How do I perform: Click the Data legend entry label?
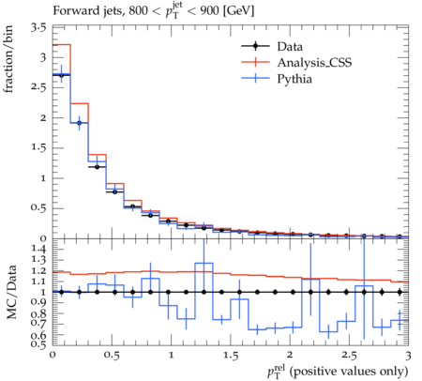(290, 47)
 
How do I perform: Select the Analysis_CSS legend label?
(314, 63)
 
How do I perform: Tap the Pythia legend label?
(294, 79)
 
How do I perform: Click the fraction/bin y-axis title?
(8, 59)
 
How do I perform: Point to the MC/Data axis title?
(11, 292)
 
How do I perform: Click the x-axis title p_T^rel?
(338, 371)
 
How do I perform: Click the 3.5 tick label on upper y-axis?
(38, 28)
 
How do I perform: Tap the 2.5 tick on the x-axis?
(349, 356)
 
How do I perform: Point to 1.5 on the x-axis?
(231, 356)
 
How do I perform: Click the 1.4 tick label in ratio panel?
(38, 249)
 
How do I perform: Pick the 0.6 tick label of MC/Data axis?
(38, 335)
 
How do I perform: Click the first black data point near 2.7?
(61, 75)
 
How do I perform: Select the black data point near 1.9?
(80, 123)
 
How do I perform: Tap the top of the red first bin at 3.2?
(62, 45)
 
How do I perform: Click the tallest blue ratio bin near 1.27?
(203, 263)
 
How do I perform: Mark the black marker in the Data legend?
(255, 46)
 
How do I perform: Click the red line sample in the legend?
(255, 62)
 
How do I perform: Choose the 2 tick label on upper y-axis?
(42, 118)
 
